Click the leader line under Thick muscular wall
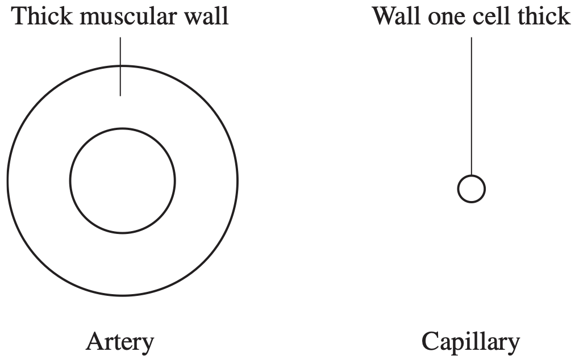coord(120,66)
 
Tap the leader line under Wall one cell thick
coord(472,106)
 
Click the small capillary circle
coord(472,175)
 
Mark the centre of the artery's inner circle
coord(123,181)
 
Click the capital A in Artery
coord(95,342)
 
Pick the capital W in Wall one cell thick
coord(385,17)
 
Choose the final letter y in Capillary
coord(514,347)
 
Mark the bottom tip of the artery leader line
coord(120,96)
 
